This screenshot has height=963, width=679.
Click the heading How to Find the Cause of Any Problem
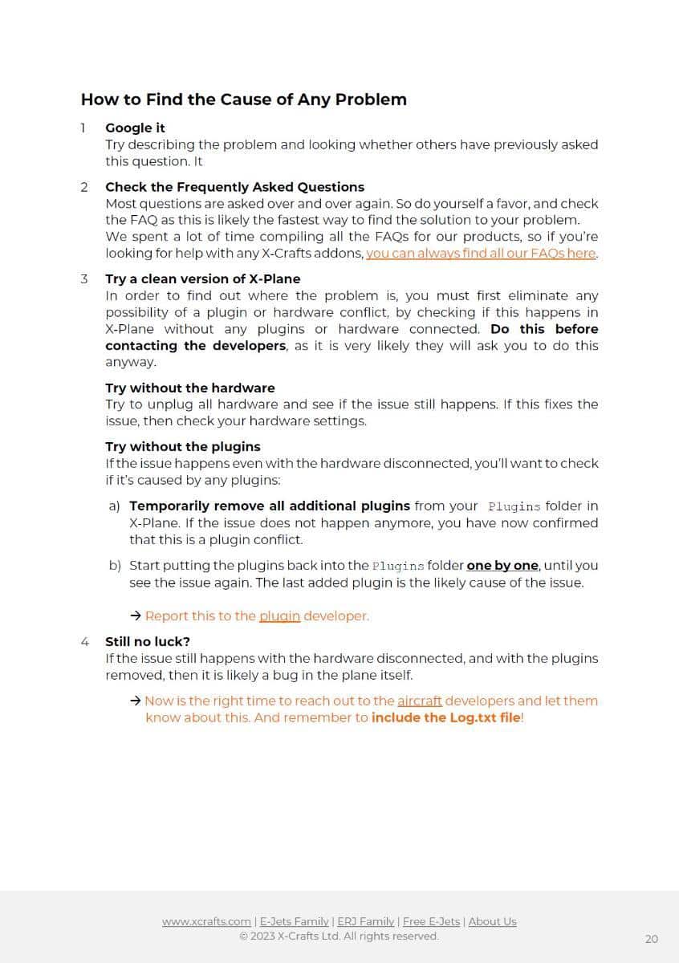[243, 100]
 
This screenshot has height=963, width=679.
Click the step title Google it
[135, 128]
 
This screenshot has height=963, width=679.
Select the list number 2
[84, 187]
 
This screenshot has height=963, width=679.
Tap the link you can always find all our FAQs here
[482, 254]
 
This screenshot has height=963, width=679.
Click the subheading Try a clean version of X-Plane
[202, 279]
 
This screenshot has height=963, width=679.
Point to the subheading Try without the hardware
[189, 388]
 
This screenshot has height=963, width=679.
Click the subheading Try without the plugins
[182, 447]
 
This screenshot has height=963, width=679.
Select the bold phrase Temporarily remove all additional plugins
[270, 506]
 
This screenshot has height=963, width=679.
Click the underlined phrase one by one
[502, 566]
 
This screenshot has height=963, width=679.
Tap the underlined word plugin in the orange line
[279, 616]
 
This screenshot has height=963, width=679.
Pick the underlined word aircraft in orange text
[420, 701]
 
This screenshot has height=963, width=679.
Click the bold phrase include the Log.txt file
[445, 717]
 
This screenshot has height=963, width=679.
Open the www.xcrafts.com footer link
[206, 922]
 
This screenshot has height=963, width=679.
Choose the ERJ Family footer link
[365, 922]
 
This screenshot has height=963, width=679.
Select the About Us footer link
[492, 922]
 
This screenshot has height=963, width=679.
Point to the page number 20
[651, 939]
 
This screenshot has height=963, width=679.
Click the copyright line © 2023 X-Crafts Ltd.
[339, 937]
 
